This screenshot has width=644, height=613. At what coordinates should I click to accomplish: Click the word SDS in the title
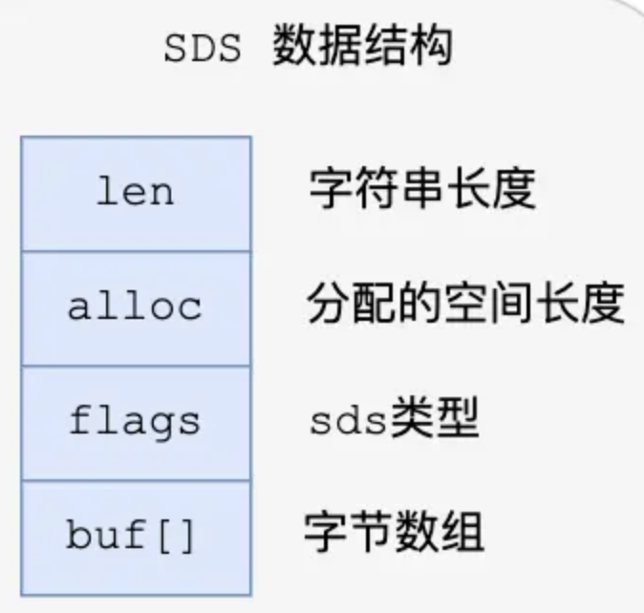(203, 48)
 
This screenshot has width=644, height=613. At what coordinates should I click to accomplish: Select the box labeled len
(136, 193)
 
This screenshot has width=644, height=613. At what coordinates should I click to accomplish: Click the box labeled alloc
(136, 307)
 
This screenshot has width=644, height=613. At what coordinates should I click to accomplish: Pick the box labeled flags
(136, 422)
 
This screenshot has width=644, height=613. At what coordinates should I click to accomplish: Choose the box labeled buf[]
(136, 537)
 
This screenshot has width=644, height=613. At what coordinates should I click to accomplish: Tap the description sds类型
(393, 421)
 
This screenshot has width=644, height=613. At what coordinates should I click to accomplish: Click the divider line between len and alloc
(136, 251)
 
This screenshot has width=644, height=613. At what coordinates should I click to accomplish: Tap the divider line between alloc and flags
(136, 366)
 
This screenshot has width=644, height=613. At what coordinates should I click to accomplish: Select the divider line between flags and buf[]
(136, 480)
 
